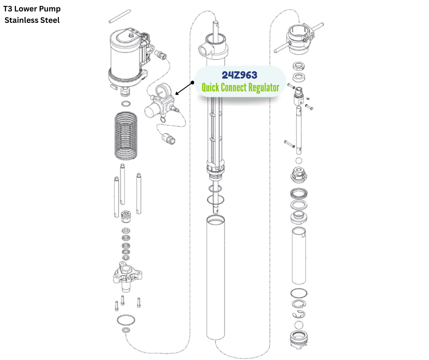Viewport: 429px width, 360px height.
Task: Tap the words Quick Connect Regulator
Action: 240,87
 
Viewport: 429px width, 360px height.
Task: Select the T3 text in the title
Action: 8,9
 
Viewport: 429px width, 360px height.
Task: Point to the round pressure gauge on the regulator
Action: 161,91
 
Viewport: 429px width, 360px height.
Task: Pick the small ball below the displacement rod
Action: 299,161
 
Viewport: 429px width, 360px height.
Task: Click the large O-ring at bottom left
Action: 126,318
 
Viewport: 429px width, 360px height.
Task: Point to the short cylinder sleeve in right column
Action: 298,254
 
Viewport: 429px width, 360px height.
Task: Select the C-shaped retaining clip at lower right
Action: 299,314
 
